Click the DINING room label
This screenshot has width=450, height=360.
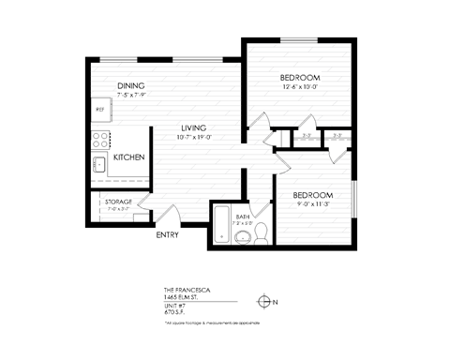[x=130, y=86]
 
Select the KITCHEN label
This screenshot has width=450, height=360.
[x=128, y=158]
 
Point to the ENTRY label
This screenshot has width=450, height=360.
[x=167, y=234]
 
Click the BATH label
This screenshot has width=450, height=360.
[x=243, y=216]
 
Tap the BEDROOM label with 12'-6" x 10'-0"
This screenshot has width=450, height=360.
[x=301, y=76]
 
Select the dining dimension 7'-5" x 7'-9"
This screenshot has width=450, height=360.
[x=131, y=96]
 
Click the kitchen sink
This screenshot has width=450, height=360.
[x=98, y=165]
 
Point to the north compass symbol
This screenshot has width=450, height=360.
[x=266, y=301]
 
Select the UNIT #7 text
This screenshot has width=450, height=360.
[x=174, y=304]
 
